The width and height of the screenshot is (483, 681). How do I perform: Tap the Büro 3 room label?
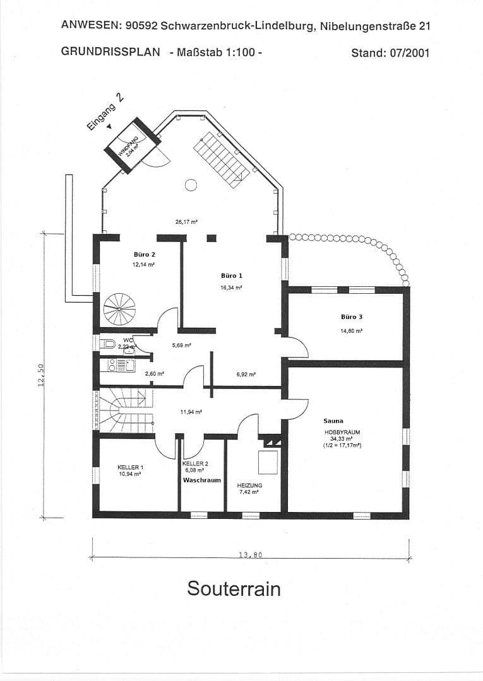coord(352,317)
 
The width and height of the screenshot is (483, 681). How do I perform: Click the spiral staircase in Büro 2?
coord(119,309)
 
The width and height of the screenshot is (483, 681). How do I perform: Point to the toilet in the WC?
coord(108,344)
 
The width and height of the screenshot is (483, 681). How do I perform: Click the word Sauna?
coord(333,421)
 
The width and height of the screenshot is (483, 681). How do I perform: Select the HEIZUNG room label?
coord(249,485)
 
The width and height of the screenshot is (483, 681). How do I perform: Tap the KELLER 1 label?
coord(130,467)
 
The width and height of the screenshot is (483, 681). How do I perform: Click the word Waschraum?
coord(202,480)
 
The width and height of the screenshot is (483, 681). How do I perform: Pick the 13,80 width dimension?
coord(250,555)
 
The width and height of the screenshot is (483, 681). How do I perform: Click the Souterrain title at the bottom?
coord(234,588)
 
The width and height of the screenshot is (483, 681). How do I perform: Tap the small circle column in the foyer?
coord(191,185)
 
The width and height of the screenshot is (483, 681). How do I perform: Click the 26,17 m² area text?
coord(187,221)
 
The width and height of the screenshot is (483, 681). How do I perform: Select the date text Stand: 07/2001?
coord(390,52)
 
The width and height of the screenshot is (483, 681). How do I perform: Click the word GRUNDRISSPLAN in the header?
coord(110,52)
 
